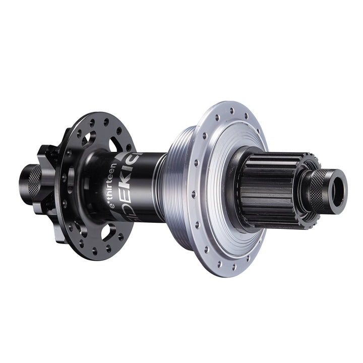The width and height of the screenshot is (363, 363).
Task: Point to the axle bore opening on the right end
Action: tap(339, 181)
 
